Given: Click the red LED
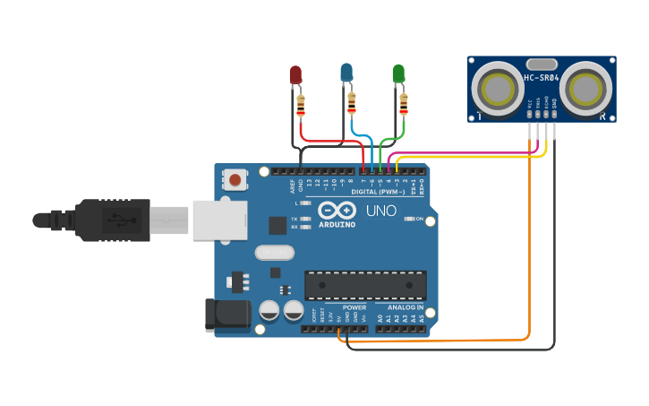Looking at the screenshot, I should (x=295, y=75).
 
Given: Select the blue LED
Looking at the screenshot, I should (x=347, y=73).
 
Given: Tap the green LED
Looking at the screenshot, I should (x=399, y=73).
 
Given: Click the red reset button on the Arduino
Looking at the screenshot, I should (x=235, y=179).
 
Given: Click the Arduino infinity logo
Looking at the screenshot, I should (x=336, y=211).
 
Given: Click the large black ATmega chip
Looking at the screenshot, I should (x=363, y=284).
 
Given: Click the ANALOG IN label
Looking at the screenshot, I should (x=406, y=307).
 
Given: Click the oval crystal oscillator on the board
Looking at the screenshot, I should (x=274, y=253).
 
